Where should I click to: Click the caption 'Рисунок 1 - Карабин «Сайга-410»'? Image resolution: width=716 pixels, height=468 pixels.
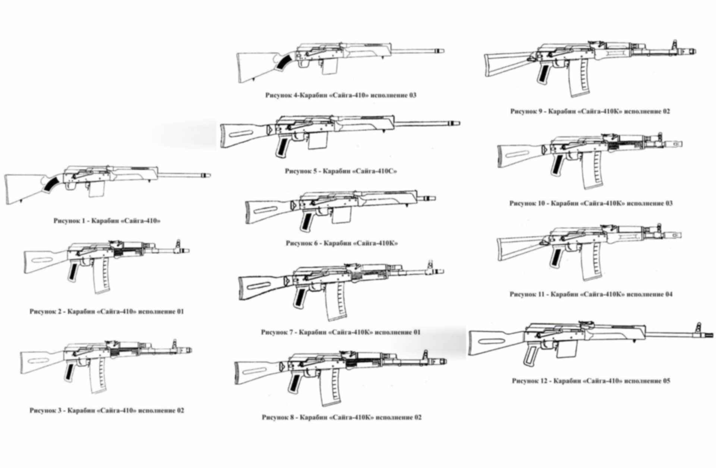click(x=107, y=221)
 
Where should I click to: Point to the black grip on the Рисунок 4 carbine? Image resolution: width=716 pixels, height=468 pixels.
click(x=285, y=62)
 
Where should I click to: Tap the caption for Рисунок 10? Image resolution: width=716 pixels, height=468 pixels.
click(x=591, y=204)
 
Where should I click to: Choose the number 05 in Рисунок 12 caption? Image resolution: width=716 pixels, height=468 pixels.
click(x=666, y=381)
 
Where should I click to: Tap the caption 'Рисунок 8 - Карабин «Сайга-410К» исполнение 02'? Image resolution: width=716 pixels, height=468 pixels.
click(x=342, y=417)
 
